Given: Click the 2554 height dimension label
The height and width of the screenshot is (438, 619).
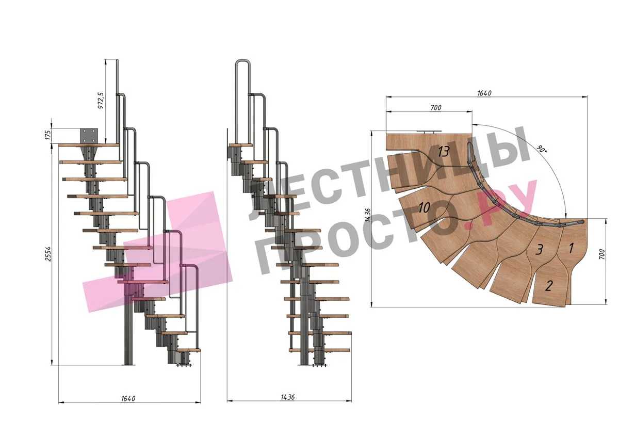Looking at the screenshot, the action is (x=48, y=254).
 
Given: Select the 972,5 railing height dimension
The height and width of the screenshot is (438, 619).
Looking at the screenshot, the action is (x=101, y=101).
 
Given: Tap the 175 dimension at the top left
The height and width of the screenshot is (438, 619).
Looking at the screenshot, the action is (x=48, y=135).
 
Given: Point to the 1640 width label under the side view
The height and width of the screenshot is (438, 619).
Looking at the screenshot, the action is (x=128, y=398).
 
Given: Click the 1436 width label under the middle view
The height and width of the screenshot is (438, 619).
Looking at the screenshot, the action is (x=288, y=397).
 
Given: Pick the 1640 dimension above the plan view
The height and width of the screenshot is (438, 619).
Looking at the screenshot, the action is (x=484, y=93).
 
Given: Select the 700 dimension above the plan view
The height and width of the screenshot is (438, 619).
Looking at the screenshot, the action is (x=436, y=107).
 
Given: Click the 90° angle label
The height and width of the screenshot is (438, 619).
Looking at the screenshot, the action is (x=542, y=149).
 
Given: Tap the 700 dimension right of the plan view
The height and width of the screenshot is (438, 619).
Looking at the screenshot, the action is (x=602, y=254).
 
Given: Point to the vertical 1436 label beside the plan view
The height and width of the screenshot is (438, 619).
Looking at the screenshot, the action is (x=367, y=219).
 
